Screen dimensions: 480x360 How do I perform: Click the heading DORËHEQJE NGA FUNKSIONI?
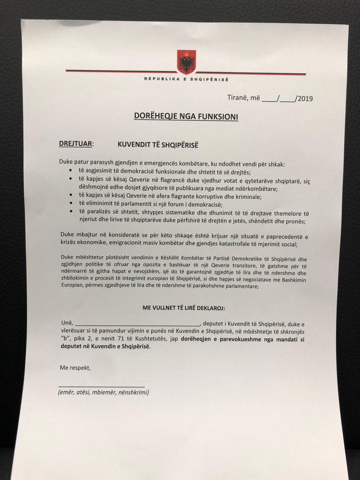click(x=186, y=116)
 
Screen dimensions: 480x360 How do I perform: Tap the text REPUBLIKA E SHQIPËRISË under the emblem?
click(x=186, y=79)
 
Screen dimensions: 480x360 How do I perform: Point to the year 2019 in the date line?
click(x=305, y=99)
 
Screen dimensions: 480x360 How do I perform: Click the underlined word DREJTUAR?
click(x=75, y=143)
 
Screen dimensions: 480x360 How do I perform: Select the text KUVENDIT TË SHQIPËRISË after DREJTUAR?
click(x=158, y=145)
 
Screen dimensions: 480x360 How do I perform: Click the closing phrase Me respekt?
click(x=75, y=367)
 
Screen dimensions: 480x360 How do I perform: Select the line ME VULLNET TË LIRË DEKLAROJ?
click(x=184, y=308)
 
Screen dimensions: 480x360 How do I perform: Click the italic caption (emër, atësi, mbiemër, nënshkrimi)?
click(x=103, y=392)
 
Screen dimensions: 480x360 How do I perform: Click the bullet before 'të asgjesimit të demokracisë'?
click(x=70, y=170)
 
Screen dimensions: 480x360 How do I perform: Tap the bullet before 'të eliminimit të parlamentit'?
click(x=70, y=203)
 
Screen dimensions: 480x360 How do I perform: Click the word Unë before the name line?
click(x=67, y=323)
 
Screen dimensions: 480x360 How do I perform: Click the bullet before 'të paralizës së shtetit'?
click(x=70, y=211)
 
